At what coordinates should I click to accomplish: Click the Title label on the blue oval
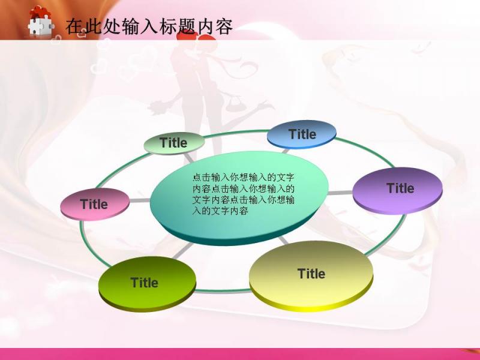click(302, 134)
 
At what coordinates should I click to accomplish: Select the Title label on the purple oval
click(400, 188)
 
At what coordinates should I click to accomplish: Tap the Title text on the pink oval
click(94, 204)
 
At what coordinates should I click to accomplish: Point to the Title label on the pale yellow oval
click(311, 274)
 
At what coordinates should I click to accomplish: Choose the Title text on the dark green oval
click(144, 282)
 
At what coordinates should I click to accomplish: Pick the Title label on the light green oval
click(173, 143)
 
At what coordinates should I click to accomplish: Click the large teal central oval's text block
click(244, 194)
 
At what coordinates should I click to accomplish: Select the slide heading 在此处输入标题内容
click(149, 26)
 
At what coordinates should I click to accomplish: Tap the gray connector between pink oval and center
click(140, 200)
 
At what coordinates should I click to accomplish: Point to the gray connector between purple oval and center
click(340, 193)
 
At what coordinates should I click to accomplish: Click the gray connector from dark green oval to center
click(183, 250)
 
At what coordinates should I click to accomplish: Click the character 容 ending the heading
click(224, 26)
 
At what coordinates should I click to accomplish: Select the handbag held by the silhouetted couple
click(234, 103)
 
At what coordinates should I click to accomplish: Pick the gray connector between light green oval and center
click(189, 158)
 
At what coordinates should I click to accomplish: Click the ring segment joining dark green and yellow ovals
click(223, 291)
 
